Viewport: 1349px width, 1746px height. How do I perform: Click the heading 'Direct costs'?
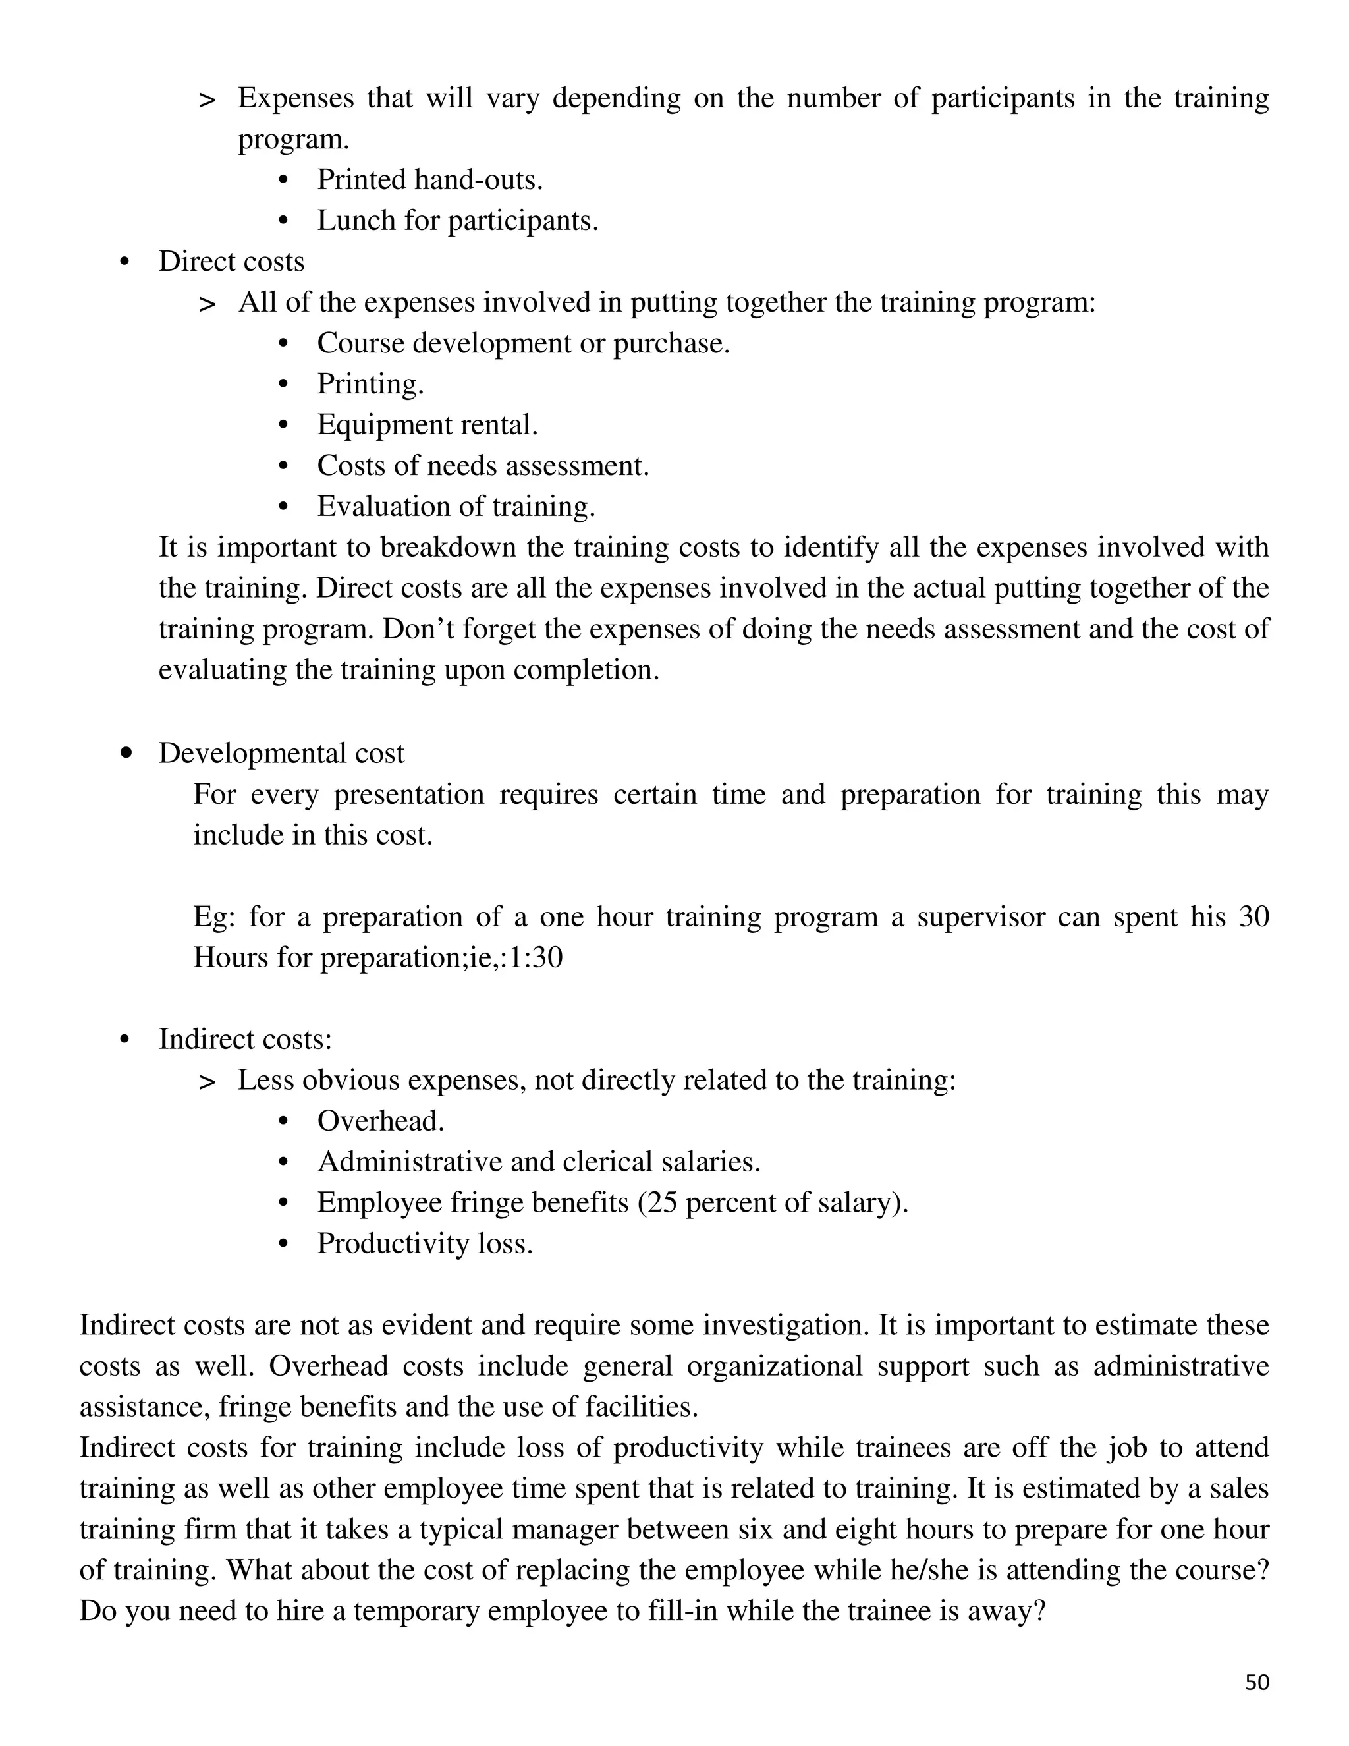(x=231, y=262)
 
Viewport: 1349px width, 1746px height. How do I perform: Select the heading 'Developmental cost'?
(x=281, y=753)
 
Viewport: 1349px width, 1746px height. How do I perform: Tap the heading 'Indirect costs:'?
(x=244, y=1038)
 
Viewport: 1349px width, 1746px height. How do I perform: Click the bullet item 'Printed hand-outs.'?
(x=430, y=180)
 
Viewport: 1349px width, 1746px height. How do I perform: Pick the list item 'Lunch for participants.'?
(x=457, y=221)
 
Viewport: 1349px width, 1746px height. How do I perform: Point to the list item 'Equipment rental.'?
(x=427, y=424)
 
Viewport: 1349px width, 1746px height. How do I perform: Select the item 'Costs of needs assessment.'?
(x=483, y=465)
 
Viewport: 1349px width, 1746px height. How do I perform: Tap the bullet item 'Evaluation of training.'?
(x=456, y=506)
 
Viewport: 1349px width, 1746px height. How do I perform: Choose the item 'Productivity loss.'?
(x=424, y=1243)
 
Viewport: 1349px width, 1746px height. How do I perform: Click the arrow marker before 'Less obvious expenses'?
(x=207, y=1083)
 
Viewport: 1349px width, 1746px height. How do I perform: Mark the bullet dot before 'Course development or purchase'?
(x=282, y=344)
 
